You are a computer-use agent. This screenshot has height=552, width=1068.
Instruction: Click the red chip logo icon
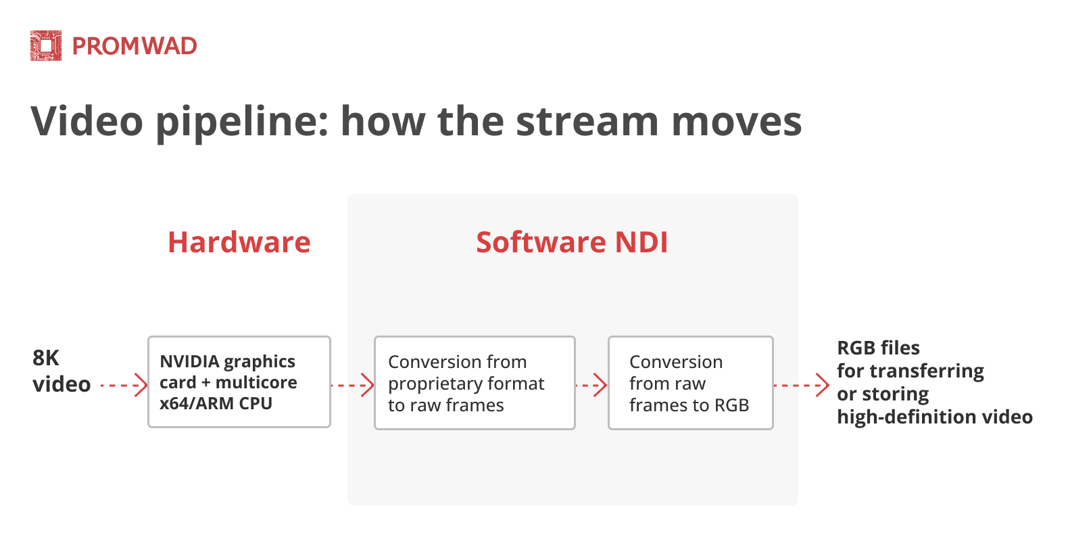tap(46, 46)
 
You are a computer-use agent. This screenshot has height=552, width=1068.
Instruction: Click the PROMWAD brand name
tap(135, 46)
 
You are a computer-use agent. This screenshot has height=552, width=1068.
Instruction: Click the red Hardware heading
tap(239, 242)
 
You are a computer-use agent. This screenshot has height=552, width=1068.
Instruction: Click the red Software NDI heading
tap(572, 242)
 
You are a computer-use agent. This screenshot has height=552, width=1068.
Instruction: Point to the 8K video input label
tap(61, 371)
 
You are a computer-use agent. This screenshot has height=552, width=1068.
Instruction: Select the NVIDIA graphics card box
tap(239, 382)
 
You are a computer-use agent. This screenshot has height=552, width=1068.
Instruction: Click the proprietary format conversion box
tap(475, 383)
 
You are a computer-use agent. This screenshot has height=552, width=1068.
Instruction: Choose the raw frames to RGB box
tap(690, 383)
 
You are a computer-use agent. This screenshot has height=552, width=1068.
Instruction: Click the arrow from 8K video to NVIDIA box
tap(124, 386)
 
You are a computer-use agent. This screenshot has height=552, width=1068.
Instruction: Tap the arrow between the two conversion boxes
tap(591, 386)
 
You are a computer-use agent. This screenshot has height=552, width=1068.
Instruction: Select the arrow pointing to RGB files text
tap(801, 386)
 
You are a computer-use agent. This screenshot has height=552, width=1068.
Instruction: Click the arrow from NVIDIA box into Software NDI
tap(352, 386)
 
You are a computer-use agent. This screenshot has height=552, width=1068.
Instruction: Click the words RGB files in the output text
tap(878, 348)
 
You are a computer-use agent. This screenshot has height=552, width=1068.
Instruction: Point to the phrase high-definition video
tap(934, 417)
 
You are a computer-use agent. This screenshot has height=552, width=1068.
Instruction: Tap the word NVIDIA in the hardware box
tap(189, 361)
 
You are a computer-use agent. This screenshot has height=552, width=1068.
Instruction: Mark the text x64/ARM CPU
tap(216, 403)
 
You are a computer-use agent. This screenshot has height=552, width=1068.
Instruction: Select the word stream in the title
tap(587, 122)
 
